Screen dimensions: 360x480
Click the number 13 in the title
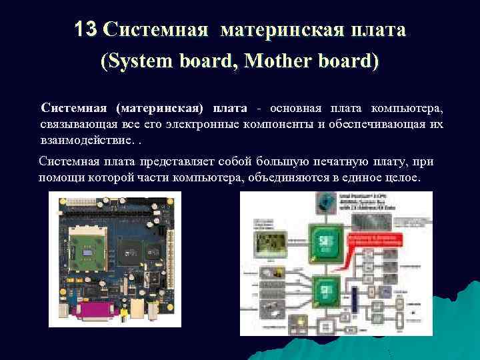pyautogui.click(x=86, y=30)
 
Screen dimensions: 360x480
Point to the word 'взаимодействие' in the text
pyautogui.click(x=81, y=140)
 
